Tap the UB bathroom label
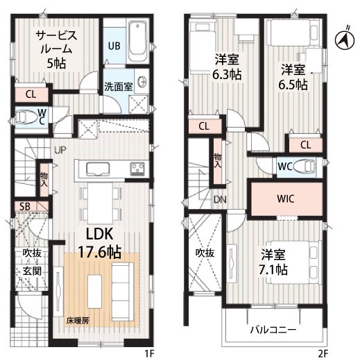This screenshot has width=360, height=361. [114, 46]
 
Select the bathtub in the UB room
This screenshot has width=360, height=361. [137, 41]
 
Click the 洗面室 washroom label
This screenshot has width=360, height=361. [118, 86]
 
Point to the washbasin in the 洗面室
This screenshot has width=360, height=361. [142, 81]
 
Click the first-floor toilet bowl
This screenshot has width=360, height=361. [26, 117]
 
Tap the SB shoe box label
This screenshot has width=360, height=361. [24, 206]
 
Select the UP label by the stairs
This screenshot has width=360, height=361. [60, 150]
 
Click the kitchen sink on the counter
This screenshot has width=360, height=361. [98, 169]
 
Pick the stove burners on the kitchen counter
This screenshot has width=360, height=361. [137, 168]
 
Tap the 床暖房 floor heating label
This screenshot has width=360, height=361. [78, 321]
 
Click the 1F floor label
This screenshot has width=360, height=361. [149, 353]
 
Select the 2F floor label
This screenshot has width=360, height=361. [323, 353]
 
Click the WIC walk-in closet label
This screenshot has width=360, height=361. [286, 199]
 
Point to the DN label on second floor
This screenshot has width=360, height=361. [220, 199]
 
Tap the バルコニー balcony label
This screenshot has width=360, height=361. [273, 330]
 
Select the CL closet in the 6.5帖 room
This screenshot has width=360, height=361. [305, 145]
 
